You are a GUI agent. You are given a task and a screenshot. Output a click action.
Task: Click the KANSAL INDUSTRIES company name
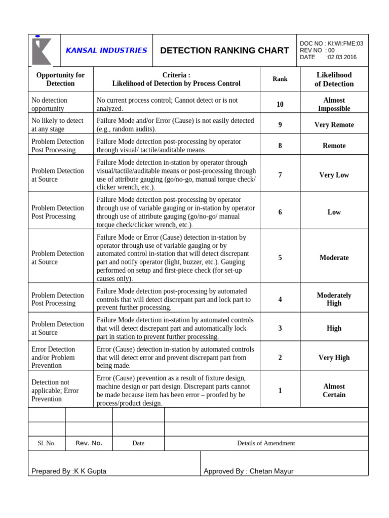pyautogui.click(x=106, y=51)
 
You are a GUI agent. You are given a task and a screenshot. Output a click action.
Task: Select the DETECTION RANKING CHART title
pyautogui.click(x=224, y=51)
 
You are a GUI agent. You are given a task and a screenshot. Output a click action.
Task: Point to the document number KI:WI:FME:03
pyautogui.click(x=346, y=44)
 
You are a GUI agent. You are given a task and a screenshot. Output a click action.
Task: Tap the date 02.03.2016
pyautogui.click(x=342, y=57)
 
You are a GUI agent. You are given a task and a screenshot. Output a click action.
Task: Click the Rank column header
pyautogui.click(x=280, y=79)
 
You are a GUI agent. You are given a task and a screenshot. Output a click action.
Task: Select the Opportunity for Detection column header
pyautogui.click(x=60, y=79)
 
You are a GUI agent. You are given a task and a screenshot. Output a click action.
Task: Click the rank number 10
pyautogui.click(x=280, y=104)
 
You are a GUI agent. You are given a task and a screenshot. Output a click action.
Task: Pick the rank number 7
pyautogui.click(x=280, y=175)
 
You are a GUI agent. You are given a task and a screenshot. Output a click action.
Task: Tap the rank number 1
pyautogui.click(x=280, y=391)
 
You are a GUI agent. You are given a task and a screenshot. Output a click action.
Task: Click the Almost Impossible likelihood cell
pyautogui.click(x=334, y=104)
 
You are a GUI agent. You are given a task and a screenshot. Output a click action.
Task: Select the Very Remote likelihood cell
pyautogui.click(x=334, y=125)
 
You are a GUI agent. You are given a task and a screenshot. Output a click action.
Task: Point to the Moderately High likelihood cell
pyautogui.click(x=334, y=299)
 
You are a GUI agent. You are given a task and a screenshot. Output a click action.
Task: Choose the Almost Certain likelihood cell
pyautogui.click(x=334, y=391)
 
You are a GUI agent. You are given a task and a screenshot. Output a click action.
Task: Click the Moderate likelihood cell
pyautogui.click(x=334, y=257)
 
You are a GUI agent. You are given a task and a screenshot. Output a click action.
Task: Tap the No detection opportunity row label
pyautogui.click(x=49, y=104)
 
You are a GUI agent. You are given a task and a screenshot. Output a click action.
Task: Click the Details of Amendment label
pyautogui.click(x=266, y=443)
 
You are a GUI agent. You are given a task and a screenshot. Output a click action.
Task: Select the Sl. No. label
pyautogui.click(x=47, y=443)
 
